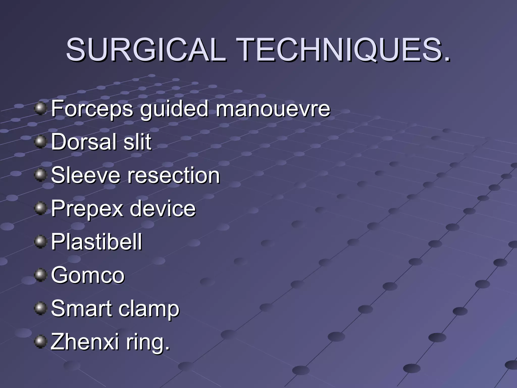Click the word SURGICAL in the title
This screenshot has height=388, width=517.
[x=146, y=50]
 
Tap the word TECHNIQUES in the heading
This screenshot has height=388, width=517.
[x=343, y=50]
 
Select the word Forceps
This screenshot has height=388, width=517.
[x=92, y=109]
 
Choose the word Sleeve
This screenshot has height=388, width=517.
[x=86, y=175]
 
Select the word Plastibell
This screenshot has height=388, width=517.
[x=96, y=242]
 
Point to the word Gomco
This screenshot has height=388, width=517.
[x=88, y=275]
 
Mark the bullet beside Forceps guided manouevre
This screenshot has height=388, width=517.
[x=40, y=109]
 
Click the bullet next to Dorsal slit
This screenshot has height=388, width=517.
[x=40, y=142]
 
